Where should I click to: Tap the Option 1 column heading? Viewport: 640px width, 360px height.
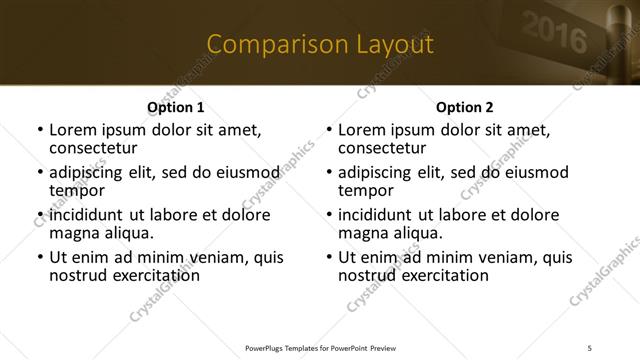(175, 107)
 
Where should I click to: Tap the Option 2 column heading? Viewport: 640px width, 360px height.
(465, 107)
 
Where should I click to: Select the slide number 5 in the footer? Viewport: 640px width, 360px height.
(590, 346)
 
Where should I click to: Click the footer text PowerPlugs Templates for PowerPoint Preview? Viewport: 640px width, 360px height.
(319, 346)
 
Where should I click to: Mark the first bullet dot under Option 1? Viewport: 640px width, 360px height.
(39, 130)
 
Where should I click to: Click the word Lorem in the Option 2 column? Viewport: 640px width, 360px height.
(362, 129)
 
